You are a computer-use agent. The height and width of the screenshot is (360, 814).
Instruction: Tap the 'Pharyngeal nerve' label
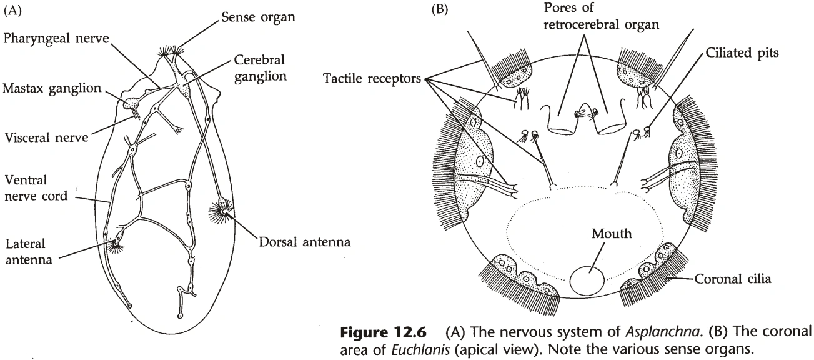click(56, 39)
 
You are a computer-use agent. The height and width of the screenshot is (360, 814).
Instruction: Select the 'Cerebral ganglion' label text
click(259, 69)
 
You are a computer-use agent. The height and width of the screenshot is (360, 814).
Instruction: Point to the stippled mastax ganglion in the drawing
click(133, 104)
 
